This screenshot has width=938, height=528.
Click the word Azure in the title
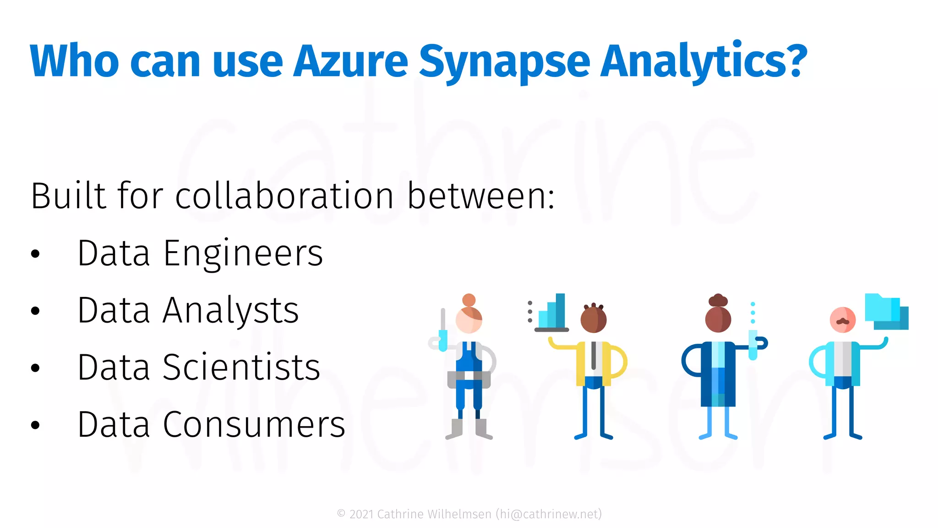point(350,61)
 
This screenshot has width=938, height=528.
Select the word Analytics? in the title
point(703,61)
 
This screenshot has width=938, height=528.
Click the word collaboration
point(284,196)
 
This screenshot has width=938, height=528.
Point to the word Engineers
point(243,253)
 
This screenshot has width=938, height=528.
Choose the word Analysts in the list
point(230,310)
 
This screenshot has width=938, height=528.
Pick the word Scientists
point(241,368)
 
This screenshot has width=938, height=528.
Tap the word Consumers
point(254,425)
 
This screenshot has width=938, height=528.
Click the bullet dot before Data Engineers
point(35,254)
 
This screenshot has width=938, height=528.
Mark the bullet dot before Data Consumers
point(35,425)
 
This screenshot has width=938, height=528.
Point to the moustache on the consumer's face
point(843,322)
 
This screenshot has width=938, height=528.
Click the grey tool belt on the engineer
point(469,378)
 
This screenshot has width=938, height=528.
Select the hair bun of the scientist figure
point(718,300)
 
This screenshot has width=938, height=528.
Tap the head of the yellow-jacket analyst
point(594,319)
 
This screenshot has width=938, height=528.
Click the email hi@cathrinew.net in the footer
point(549,514)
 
